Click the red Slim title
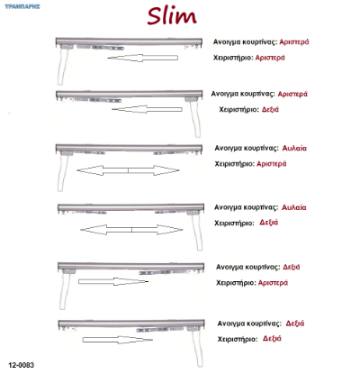pyautogui.click(x=172, y=16)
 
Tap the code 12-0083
pyautogui.click(x=22, y=365)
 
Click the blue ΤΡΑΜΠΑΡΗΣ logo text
pyautogui.click(x=22, y=6)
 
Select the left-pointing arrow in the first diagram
pyautogui.click(x=143, y=58)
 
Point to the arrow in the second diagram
pyautogui.click(x=147, y=109)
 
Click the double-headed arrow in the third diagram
pyautogui.click(x=128, y=170)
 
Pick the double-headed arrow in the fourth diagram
pyautogui.click(x=131, y=230)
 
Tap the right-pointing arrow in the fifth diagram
pyautogui.click(x=113, y=281)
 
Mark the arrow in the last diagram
pyautogui.click(x=118, y=340)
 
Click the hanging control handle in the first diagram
pyautogui.click(x=62, y=66)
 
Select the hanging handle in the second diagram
pyautogui.click(x=195, y=119)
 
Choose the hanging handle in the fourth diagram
pyautogui.click(x=196, y=232)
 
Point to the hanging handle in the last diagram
pyautogui.click(x=197, y=349)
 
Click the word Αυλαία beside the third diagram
pyautogui.click(x=294, y=148)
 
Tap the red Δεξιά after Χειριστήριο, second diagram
pyautogui.click(x=270, y=109)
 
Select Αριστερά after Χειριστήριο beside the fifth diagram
pyautogui.click(x=273, y=283)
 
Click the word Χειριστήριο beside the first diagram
pyautogui.click(x=233, y=58)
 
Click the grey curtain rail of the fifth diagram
pyautogui.click(x=130, y=266)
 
